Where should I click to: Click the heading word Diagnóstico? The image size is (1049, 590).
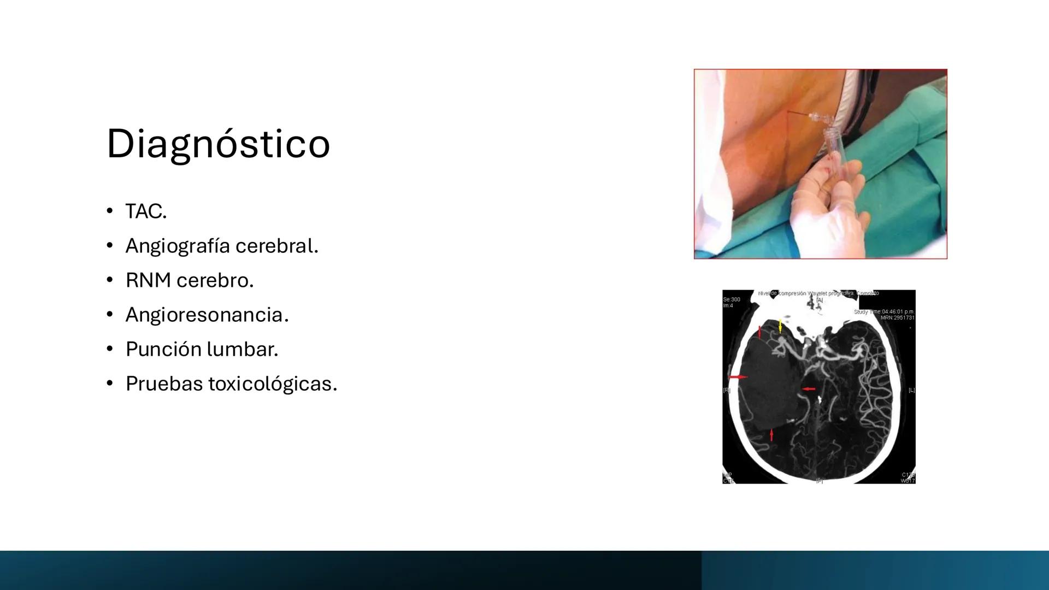[218, 144]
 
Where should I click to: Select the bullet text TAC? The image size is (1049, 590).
[146, 211]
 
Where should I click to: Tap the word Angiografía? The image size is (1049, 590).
[177, 246]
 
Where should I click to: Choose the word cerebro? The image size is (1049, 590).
[215, 280]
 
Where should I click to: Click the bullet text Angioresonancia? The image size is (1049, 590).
[207, 315]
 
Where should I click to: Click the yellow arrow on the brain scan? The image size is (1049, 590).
[780, 326]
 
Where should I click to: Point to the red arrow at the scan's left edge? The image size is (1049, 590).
[738, 377]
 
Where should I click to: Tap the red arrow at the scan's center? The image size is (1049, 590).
[808, 389]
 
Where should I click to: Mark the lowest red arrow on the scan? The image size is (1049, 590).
[771, 435]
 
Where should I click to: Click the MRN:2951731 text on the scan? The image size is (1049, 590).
[897, 317]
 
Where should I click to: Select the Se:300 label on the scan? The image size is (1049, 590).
[732, 299]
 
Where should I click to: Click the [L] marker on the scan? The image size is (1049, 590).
[911, 390]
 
